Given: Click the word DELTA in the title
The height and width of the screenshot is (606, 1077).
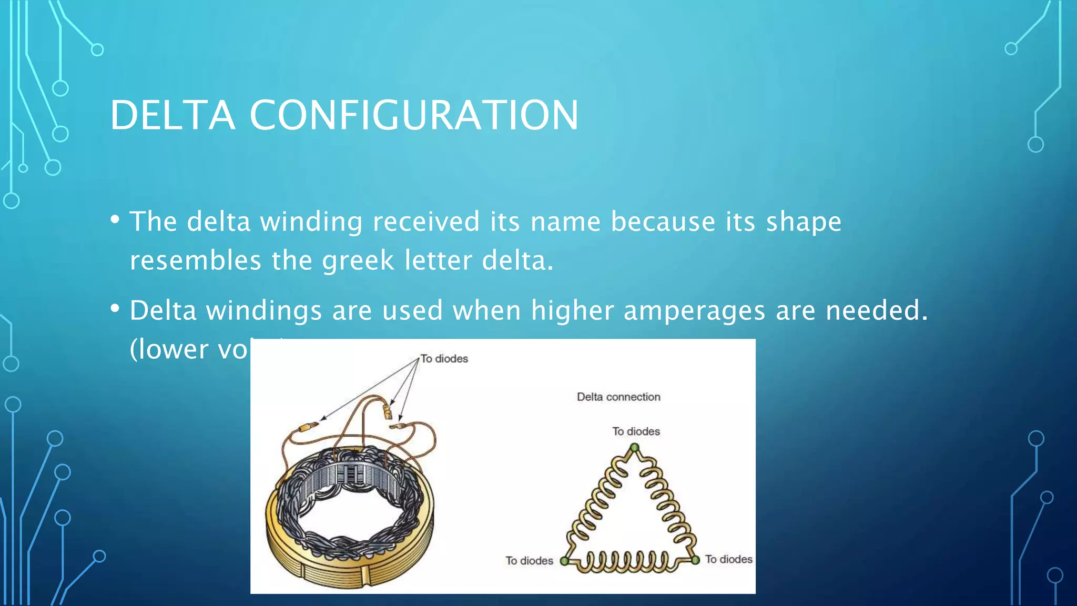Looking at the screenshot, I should tap(172, 115).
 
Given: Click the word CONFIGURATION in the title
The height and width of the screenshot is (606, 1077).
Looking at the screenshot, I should tap(414, 115).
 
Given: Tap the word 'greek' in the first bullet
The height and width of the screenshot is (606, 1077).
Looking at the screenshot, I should tap(358, 261).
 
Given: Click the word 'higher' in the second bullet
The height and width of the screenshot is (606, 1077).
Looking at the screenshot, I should tap(572, 311).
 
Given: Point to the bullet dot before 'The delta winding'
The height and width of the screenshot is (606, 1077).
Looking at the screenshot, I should tap(115, 219).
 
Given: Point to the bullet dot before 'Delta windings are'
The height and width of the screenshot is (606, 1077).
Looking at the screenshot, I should tap(115, 308).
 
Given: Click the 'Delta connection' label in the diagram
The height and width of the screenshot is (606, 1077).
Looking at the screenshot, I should tap(618, 397).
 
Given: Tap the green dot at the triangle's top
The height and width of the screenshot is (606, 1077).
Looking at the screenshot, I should tap(635, 448).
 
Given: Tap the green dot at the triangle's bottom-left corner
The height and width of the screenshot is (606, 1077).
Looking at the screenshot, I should tap(564, 561).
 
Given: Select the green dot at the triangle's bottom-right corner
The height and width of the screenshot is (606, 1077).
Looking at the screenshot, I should tap(695, 560).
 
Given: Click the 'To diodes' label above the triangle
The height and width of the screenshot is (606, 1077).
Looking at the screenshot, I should tap(636, 431).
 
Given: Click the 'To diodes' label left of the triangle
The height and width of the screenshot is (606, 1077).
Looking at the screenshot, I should tap(529, 561).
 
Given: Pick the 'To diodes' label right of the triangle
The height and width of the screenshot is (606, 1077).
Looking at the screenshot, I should tap(728, 559).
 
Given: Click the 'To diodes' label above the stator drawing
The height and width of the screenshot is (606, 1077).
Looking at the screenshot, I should tap(444, 359).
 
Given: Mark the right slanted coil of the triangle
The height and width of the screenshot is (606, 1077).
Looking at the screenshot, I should tap(668, 502).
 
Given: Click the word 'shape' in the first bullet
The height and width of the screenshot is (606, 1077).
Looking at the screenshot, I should tap(804, 221).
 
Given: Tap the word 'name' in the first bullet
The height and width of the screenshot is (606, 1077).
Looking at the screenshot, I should tap(565, 221).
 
